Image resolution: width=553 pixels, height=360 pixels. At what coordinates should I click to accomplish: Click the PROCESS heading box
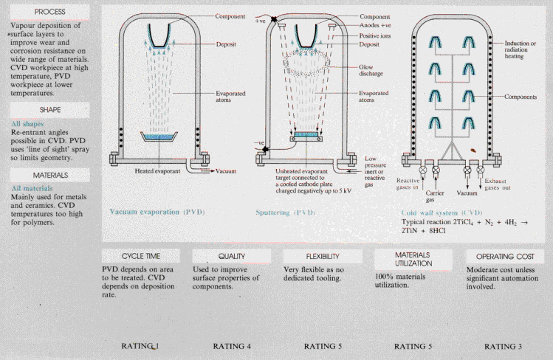point(44,13)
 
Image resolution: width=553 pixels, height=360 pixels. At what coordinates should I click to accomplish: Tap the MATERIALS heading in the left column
point(44,175)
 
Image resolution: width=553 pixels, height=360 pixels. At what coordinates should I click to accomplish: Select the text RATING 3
point(505,345)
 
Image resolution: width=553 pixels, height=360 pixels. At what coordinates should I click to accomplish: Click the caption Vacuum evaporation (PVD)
point(157,212)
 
